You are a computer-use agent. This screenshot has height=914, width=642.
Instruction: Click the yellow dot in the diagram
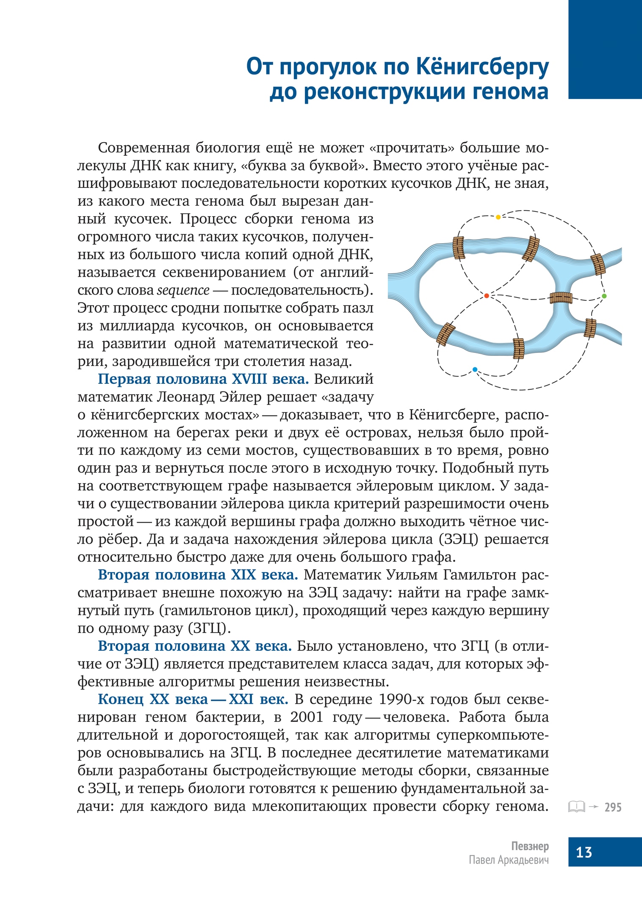point(498,217)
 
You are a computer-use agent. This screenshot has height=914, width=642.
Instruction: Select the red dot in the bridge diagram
point(487,296)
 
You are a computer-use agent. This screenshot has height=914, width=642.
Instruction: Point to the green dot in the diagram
point(604,296)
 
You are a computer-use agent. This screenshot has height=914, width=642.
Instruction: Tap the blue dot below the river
point(475,369)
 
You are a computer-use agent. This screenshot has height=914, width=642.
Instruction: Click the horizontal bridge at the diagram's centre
point(561,298)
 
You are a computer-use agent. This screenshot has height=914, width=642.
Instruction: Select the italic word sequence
point(183,290)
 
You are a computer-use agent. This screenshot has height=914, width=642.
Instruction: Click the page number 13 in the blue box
point(584,852)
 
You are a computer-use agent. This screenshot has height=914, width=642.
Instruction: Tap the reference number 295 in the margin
point(613,807)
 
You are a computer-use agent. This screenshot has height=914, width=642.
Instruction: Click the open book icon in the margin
point(576,807)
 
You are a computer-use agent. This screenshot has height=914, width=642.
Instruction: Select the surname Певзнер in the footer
point(530,846)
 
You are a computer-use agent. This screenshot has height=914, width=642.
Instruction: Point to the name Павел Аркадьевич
point(509,860)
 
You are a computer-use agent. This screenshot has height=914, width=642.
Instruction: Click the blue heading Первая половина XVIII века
point(203,379)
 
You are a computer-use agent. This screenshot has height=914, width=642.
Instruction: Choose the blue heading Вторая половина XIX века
point(198,575)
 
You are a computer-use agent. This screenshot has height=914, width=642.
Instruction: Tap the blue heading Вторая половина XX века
point(195,646)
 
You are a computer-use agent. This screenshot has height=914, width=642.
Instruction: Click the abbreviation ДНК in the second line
point(146,165)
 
